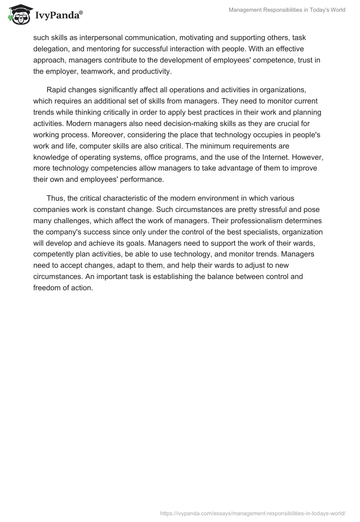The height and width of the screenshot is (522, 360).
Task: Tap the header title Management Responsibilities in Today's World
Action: pos(287,10)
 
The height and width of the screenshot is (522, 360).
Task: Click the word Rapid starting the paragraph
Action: pos(56,90)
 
